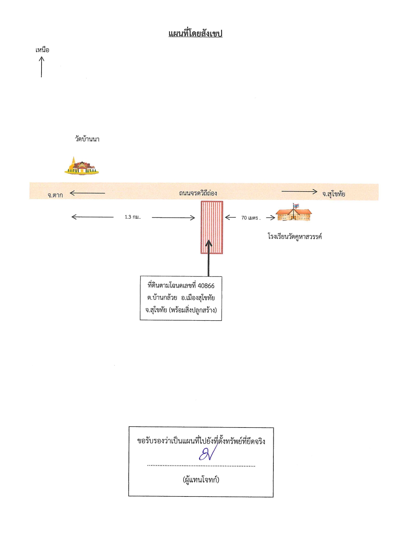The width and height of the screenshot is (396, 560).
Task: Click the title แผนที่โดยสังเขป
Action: coord(195,34)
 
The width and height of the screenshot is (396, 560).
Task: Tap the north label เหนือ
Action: coord(42,50)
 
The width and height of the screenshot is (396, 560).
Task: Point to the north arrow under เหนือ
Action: coord(42,67)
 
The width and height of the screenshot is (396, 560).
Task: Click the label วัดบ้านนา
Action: coord(87,139)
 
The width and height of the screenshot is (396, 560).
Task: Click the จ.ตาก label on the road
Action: coord(55,195)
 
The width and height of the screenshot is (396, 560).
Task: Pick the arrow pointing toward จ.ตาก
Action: coord(88,193)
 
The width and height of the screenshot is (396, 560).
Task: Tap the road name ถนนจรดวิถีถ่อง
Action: coord(198,193)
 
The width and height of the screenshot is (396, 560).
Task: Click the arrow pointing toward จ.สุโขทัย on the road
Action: coord(299,192)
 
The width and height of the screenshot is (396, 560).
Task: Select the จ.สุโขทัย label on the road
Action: coord(334,194)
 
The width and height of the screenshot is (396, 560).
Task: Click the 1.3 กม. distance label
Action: coord(133,217)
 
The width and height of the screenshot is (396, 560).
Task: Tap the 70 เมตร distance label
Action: coord(251,218)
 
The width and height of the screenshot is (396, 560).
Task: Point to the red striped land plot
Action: coord(212,227)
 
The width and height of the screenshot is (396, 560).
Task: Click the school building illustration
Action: coord(294,214)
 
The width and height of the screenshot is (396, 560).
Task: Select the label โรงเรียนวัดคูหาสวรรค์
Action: coord(295,237)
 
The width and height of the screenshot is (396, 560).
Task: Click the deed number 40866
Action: coord(206,286)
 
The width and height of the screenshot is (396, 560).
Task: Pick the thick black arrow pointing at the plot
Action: coord(209,258)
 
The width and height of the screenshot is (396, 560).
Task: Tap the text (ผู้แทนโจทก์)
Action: coord(201,480)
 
